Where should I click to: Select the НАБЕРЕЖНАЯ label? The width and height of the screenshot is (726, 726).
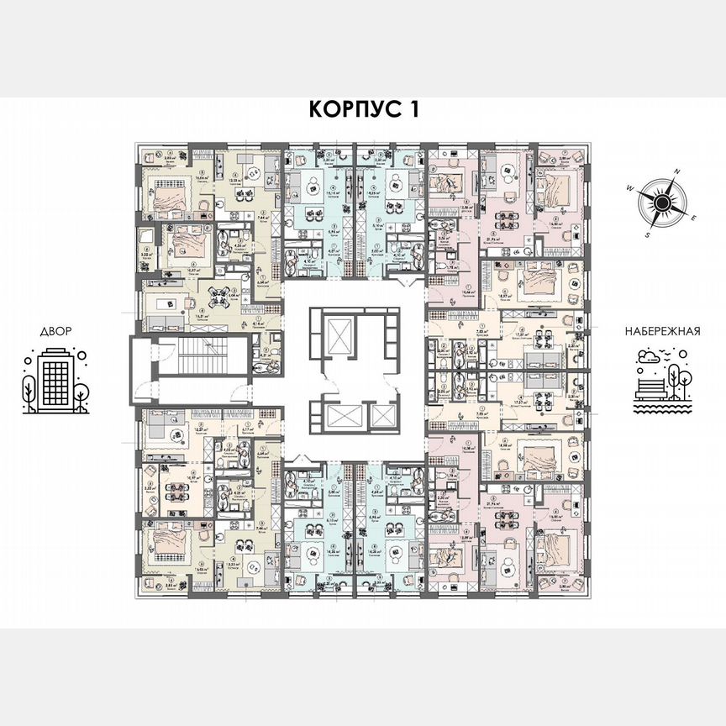662,331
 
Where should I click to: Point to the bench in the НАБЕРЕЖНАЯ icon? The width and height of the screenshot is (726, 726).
651,387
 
